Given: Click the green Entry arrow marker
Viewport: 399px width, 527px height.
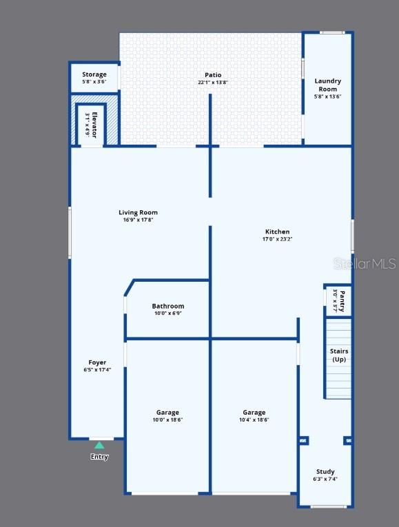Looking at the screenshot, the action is tap(99, 445).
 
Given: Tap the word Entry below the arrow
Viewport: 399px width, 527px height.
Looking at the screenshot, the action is tap(99, 457).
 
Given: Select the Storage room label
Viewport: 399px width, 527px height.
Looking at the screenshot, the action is tap(94, 74).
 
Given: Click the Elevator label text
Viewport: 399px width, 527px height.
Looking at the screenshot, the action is tap(94, 125).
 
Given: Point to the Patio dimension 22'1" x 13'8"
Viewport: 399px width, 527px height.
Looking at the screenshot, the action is tap(213, 83).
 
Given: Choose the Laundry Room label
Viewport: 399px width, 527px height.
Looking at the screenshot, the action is tap(328, 85).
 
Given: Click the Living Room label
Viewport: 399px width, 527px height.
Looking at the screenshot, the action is tap(138, 212).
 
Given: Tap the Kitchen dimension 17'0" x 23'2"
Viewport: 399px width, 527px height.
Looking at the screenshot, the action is tap(277, 239).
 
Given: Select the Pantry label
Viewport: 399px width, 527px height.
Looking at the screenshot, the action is tap(342, 301).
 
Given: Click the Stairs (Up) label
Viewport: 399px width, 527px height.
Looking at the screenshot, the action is tap(339, 355).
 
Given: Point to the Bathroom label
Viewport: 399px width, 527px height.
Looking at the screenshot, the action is tap(168, 306).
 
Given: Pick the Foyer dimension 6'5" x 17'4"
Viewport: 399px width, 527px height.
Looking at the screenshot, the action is tap(97, 370).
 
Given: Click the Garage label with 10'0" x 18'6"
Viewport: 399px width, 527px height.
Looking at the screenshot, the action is tap(167, 413).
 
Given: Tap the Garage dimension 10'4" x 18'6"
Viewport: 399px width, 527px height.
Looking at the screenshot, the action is tap(254, 420).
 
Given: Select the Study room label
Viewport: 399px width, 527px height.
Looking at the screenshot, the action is tap(325, 471).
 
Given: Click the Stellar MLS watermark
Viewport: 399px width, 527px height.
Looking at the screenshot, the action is tap(365, 264).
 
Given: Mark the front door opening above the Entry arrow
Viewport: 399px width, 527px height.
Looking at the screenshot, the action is tap(101, 439).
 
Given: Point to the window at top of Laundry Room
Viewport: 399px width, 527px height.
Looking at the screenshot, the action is tap(332, 32).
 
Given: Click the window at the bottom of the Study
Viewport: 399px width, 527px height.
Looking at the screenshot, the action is tap(324, 507).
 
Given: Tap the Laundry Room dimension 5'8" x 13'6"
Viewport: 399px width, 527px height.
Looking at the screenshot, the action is tap(328, 96).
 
